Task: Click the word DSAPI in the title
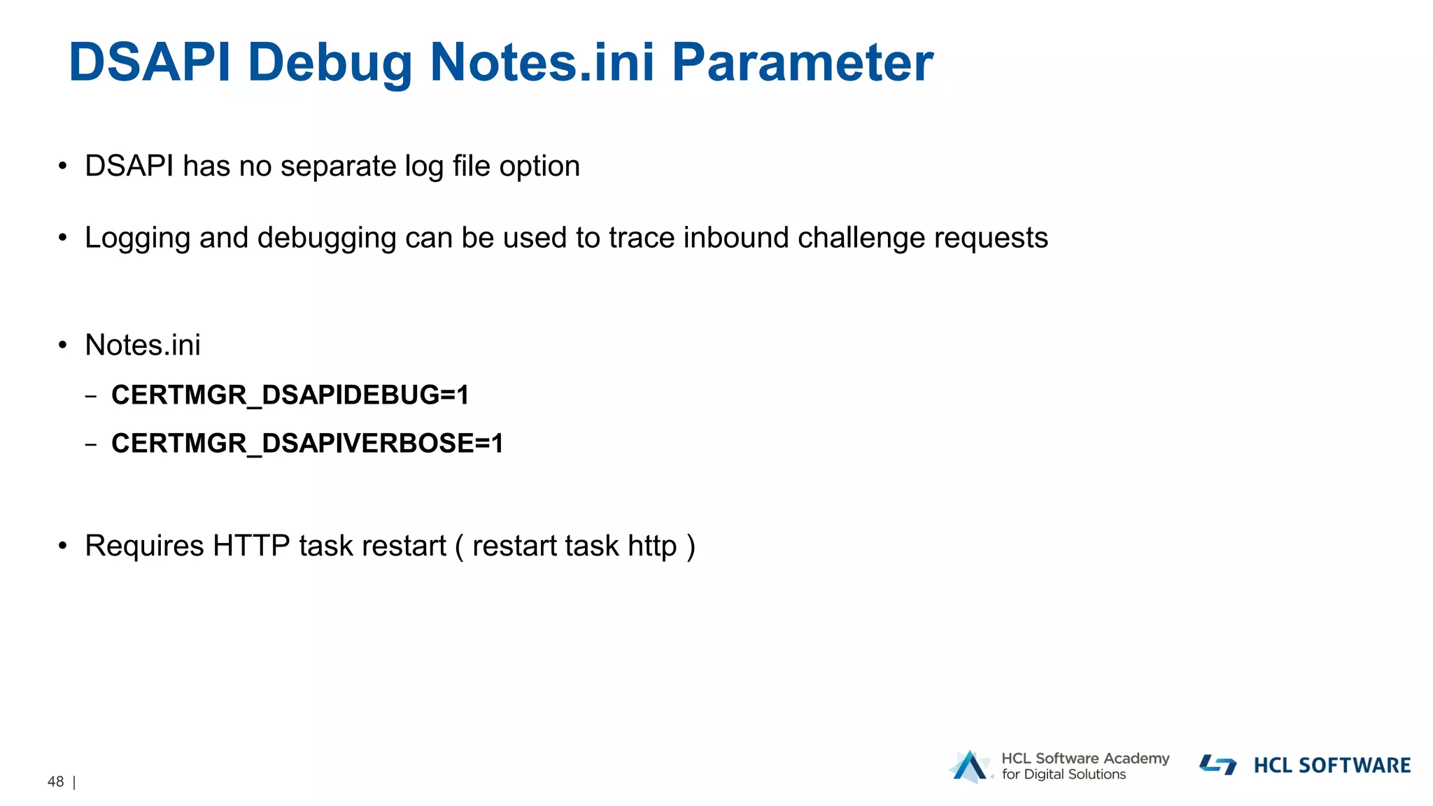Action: tap(149, 63)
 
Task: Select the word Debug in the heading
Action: tap(330, 63)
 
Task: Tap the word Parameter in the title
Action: tap(802, 63)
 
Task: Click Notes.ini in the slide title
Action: tap(542, 63)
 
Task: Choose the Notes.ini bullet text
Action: tap(143, 345)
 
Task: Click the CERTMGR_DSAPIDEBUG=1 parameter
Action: tap(290, 395)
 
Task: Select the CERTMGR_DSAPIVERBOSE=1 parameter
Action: tap(307, 444)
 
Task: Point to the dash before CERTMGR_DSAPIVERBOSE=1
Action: tap(91, 444)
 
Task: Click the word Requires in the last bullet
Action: tap(144, 546)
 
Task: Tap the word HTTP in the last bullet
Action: tap(251, 546)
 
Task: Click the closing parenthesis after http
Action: tap(691, 546)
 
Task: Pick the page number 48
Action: tap(56, 782)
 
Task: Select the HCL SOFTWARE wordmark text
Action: tap(1332, 765)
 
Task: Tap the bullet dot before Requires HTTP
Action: tap(63, 546)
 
